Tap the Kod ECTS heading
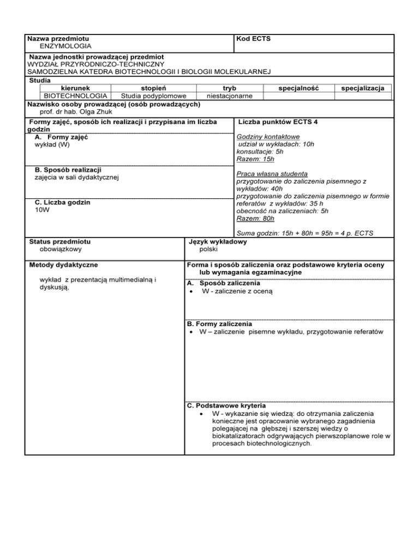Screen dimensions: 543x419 [253, 39]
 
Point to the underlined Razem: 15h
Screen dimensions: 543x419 [255, 160]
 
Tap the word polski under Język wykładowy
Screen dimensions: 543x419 [209, 249]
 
